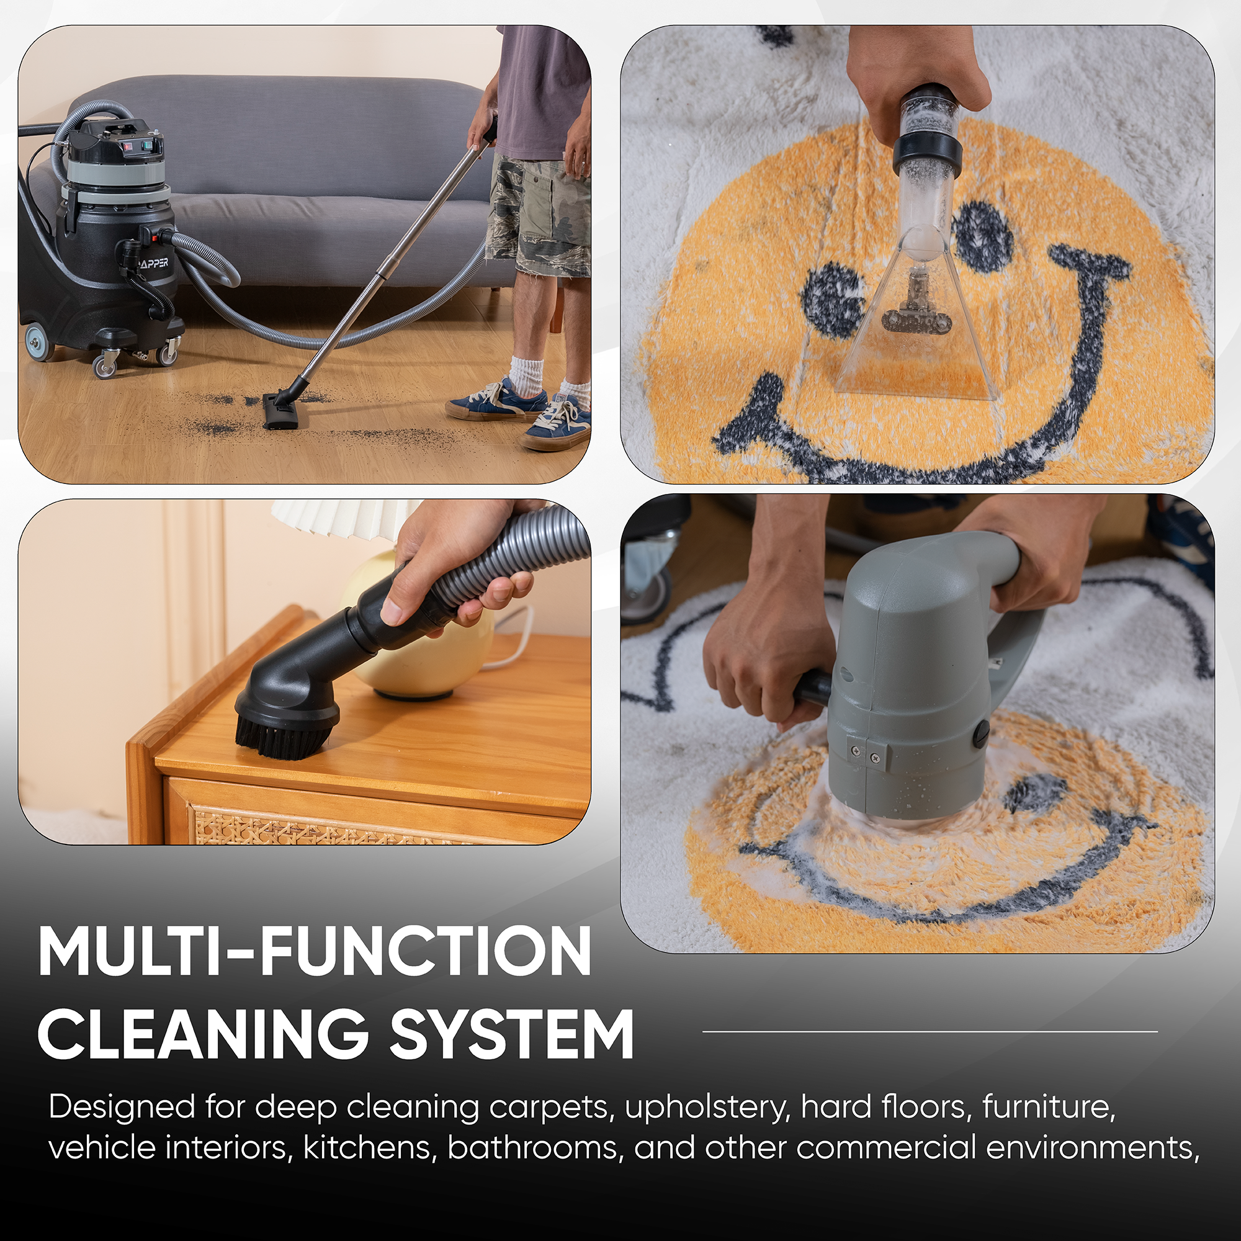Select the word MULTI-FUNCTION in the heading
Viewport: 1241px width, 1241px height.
click(x=315, y=952)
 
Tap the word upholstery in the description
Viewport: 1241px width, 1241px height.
click(x=707, y=1108)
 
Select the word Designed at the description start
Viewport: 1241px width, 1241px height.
click(x=122, y=1108)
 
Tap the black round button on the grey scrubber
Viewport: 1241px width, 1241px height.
click(x=981, y=733)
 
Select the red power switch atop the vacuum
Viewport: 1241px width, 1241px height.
click(x=127, y=145)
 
